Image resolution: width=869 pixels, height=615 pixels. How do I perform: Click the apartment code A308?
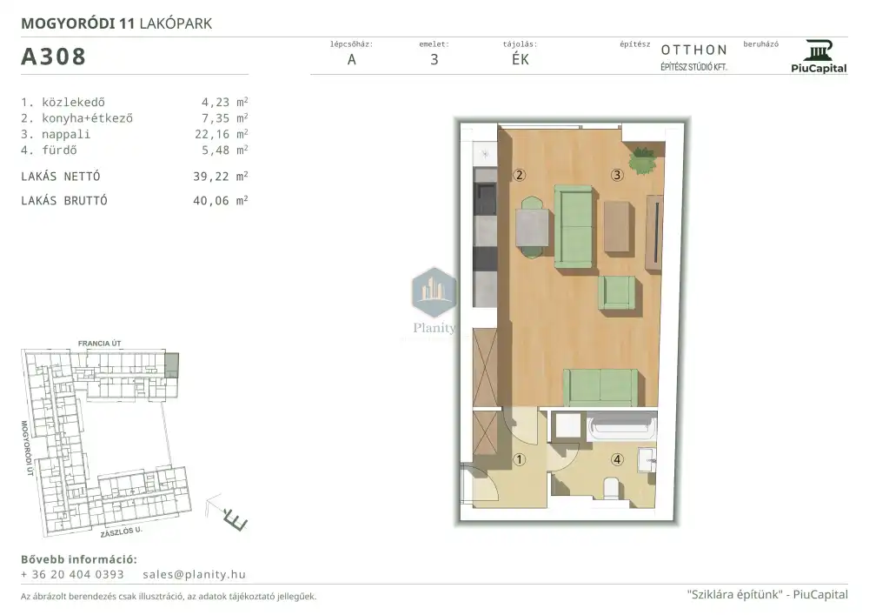tap(53, 57)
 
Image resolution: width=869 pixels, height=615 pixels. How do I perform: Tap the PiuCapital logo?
tap(819, 57)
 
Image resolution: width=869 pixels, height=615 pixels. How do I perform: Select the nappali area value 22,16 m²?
tap(221, 134)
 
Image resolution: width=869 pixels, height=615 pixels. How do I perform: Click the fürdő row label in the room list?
tap(59, 150)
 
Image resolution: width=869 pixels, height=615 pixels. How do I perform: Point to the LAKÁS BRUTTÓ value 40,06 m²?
tap(220, 201)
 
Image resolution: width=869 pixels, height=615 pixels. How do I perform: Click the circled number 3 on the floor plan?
tap(617, 175)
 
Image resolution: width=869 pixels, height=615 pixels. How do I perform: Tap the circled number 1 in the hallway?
tap(520, 459)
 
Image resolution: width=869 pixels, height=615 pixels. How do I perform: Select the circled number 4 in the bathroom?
tap(617, 459)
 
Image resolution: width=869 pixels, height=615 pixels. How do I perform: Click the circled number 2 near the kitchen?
tap(520, 175)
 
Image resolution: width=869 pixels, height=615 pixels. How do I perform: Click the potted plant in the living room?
tap(643, 160)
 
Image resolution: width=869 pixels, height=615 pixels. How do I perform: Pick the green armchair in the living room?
tap(616, 292)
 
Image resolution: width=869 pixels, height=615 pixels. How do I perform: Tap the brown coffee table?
tap(618, 226)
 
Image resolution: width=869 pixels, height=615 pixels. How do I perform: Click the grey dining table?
tap(533, 227)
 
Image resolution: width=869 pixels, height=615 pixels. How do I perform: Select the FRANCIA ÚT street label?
tap(99, 344)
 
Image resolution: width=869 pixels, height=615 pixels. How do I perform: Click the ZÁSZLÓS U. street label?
tap(122, 531)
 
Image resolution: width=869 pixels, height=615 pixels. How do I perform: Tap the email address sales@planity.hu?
tap(194, 574)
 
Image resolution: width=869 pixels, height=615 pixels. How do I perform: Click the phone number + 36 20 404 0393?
tap(72, 574)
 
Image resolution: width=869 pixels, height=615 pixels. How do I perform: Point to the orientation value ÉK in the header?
tap(521, 59)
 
